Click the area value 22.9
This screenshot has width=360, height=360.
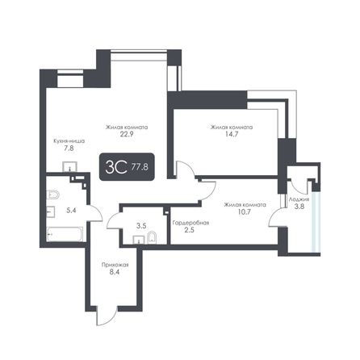(127, 134)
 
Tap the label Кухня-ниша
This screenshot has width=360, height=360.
(69, 141)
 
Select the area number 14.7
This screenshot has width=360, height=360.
(232, 134)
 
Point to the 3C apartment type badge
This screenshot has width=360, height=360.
(127, 166)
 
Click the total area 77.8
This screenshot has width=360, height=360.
(140, 167)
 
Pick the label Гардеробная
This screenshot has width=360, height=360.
(190, 223)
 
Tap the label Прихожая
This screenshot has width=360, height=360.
(115, 265)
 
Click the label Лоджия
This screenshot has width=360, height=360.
(299, 199)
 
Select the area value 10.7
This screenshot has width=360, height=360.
(245, 211)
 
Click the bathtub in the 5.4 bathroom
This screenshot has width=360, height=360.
(65, 234)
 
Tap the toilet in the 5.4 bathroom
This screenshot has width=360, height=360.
(52, 195)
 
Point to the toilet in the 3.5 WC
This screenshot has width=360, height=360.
(152, 237)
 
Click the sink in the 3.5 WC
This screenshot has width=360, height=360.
(138, 240)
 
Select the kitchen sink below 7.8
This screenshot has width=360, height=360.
(70, 167)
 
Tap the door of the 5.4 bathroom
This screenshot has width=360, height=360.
(95, 212)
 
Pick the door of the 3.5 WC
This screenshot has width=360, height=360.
(115, 220)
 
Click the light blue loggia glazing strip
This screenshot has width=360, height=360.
(316, 222)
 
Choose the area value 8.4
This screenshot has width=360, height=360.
(115, 272)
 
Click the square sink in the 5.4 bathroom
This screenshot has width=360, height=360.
(51, 211)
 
